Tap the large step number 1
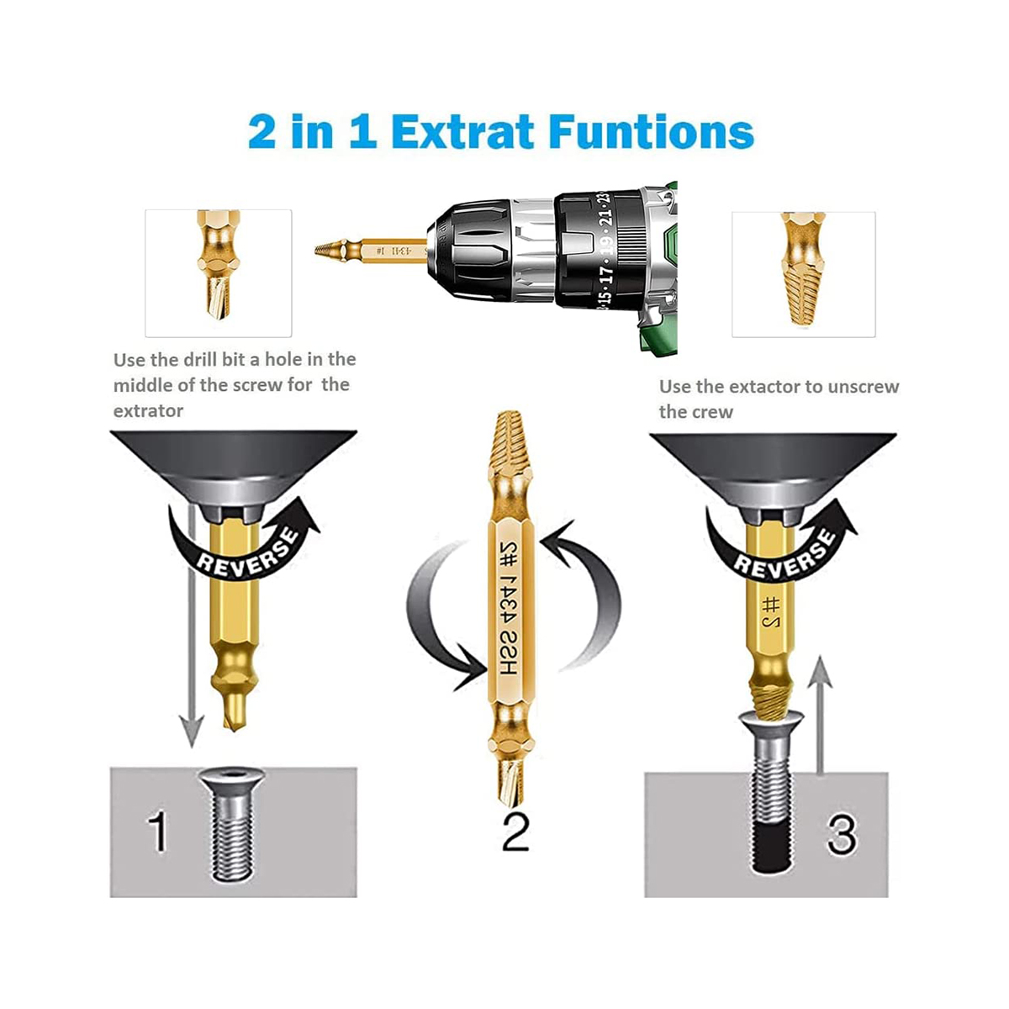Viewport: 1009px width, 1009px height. pyautogui.click(x=157, y=832)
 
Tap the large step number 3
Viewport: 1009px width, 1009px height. pyautogui.click(x=841, y=834)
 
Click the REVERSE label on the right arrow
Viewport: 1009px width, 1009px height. pyautogui.click(x=784, y=554)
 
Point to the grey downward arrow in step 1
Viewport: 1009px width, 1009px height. pyautogui.click(x=193, y=639)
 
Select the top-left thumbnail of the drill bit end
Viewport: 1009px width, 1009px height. pyautogui.click(x=218, y=273)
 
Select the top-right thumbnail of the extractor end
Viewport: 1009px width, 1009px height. pyautogui.click(x=803, y=273)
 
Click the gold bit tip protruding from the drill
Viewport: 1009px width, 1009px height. pyautogui.click(x=332, y=250)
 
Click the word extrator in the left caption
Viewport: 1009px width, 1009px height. pyautogui.click(x=148, y=411)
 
